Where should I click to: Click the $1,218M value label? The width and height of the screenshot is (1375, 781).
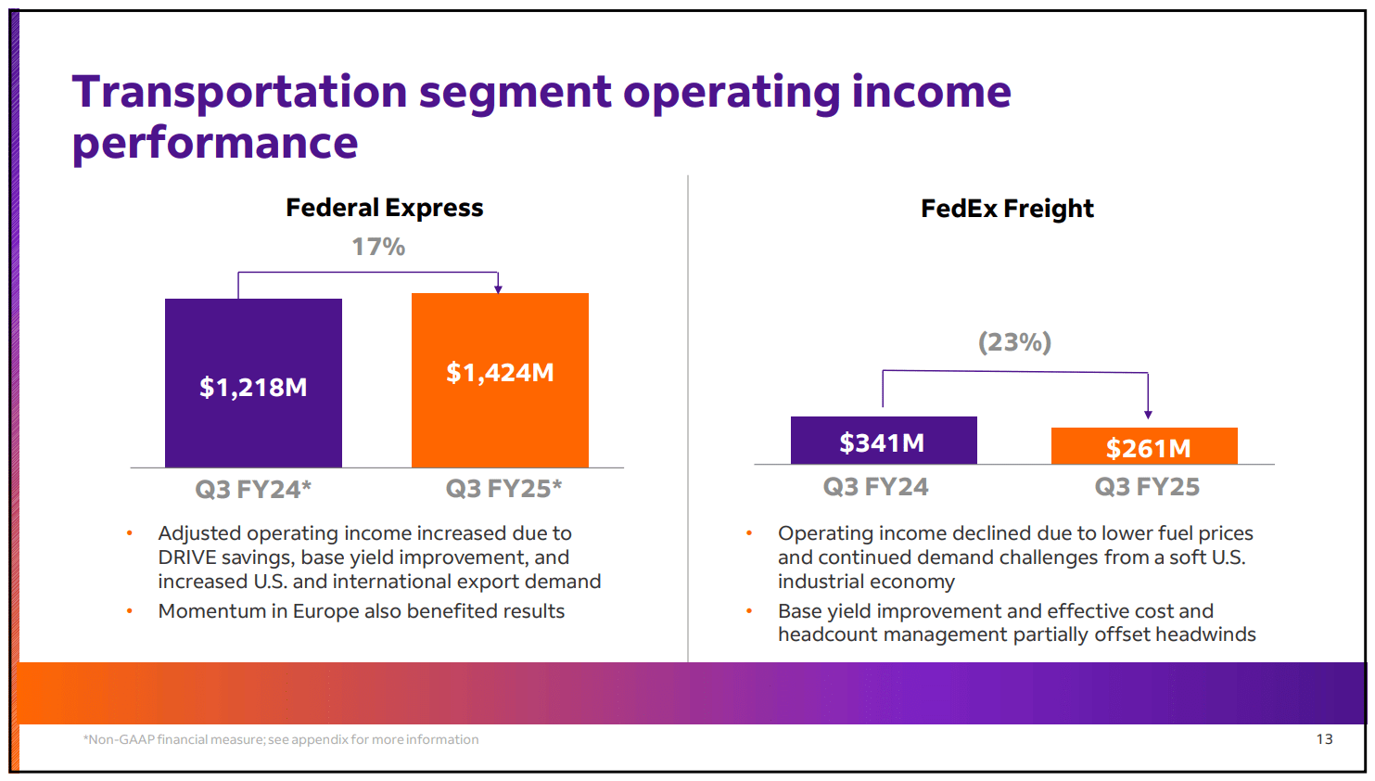253,387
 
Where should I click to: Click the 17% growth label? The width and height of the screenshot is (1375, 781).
378,247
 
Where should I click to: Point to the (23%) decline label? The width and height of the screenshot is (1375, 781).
1014,342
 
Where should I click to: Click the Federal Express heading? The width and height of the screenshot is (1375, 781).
384,208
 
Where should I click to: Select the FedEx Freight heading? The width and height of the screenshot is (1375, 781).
1007,209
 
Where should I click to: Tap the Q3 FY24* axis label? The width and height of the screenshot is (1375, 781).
253,489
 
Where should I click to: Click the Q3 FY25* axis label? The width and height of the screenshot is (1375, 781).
503,489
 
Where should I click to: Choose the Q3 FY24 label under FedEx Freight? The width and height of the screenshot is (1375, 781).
875,487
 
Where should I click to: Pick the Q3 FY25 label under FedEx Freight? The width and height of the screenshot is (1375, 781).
1147,487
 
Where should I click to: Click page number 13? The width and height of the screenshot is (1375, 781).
1324,739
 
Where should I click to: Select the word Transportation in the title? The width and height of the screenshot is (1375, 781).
239,92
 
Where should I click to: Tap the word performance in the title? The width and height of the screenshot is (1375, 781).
215,144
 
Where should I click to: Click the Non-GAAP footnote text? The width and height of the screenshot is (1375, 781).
281,739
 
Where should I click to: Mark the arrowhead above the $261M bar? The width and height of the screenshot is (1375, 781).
1148,415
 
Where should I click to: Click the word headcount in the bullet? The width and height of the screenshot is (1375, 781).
824,634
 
